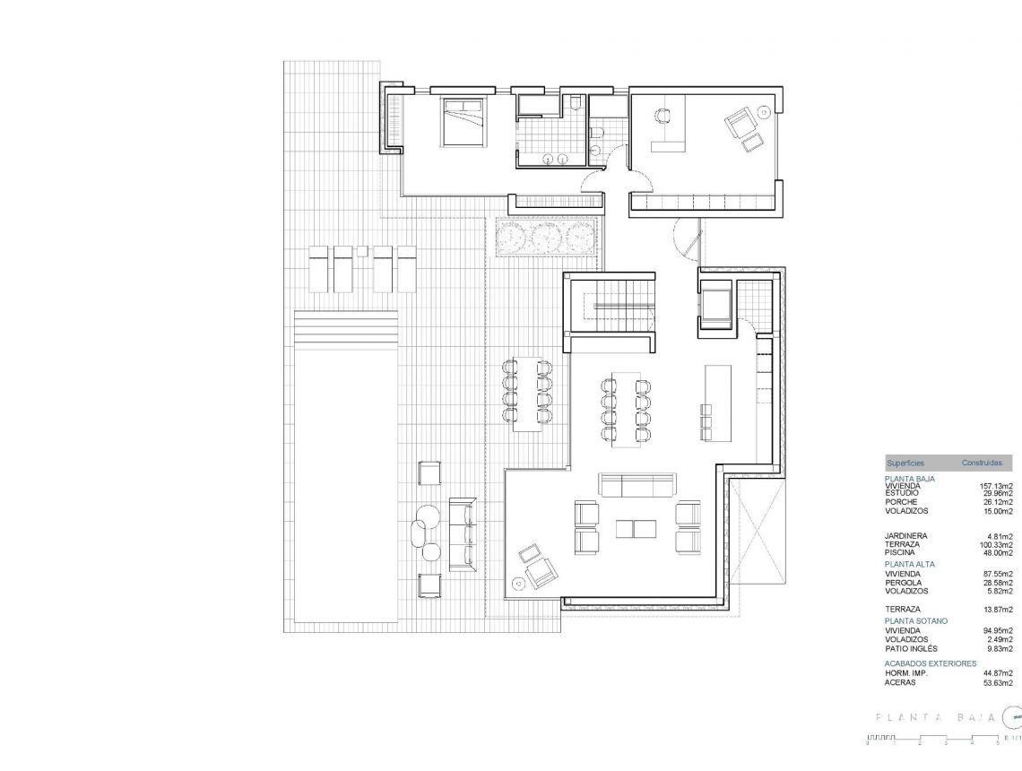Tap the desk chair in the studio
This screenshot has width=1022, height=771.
click(663, 117)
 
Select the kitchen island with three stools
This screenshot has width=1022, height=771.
click(718, 402)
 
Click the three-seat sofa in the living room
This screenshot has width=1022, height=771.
click(637, 485)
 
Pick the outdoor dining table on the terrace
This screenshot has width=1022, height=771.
click(527, 394)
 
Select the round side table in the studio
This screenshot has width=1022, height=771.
click(763, 112)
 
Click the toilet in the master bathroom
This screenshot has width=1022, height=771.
click(575, 105)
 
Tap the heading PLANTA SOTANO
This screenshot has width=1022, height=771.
click(915, 620)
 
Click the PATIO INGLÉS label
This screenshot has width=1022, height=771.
click(911, 648)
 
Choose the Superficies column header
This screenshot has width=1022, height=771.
click(905, 463)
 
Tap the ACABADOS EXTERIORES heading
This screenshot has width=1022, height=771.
click(930, 663)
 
